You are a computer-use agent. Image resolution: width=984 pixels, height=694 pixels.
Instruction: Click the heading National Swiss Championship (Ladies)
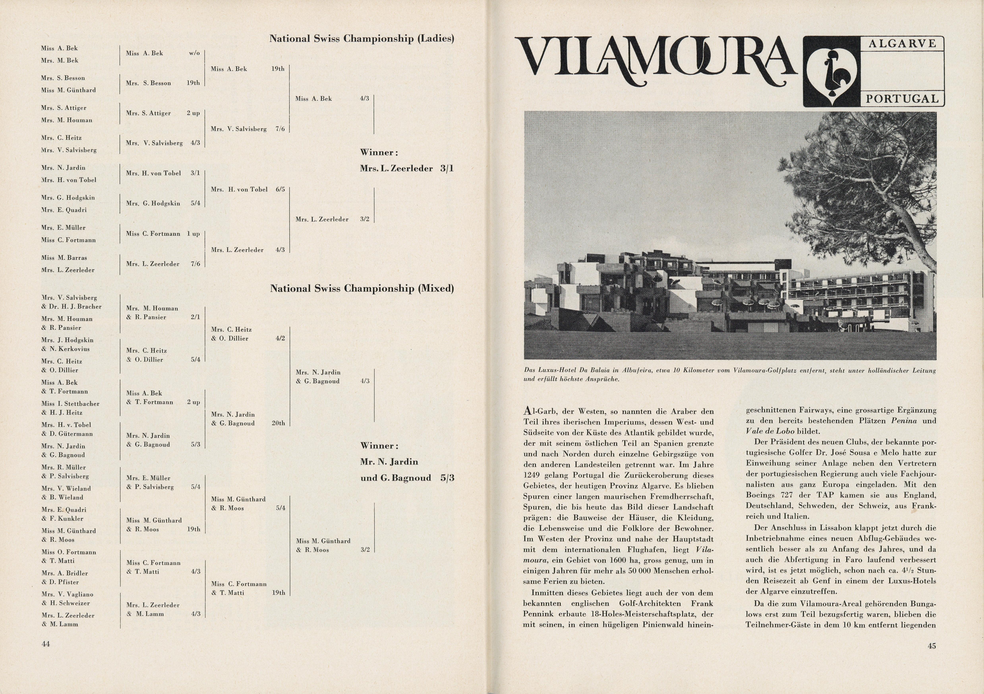(361, 39)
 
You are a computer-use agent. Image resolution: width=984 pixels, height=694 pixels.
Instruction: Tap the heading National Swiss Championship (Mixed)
(362, 289)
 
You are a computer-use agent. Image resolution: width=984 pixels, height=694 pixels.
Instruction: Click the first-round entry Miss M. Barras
(64, 258)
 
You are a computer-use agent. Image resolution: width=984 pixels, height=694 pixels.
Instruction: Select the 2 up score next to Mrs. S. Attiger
(193, 113)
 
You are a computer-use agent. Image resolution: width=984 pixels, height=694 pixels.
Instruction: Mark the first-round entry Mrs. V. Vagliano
(67, 594)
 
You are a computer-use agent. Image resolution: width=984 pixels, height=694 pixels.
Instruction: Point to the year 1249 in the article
(532, 475)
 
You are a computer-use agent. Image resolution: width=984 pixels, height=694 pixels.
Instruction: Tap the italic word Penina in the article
(904, 421)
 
